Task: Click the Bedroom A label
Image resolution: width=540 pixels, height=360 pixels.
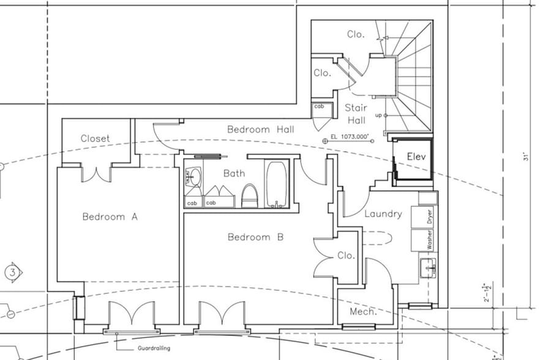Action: click(110, 217)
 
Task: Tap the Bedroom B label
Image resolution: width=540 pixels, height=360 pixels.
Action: click(255, 237)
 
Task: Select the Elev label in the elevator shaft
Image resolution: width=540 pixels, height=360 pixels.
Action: click(416, 157)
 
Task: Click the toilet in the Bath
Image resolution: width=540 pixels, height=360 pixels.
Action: click(249, 196)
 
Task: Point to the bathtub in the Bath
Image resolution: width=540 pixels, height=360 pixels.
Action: click(276, 184)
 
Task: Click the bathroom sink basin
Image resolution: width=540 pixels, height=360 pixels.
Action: click(193, 178)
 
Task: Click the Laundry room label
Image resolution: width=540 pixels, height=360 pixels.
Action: click(383, 214)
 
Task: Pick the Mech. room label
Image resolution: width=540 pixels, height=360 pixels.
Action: click(362, 312)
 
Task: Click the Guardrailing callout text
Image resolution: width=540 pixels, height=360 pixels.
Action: click(154, 348)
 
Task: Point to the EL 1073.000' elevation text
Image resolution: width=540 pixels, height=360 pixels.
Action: click(350, 137)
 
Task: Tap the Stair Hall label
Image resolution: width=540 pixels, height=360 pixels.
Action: click(356, 114)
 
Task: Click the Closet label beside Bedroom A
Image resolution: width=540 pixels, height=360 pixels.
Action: click(95, 138)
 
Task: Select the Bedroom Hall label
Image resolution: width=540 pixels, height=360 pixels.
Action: click(260, 129)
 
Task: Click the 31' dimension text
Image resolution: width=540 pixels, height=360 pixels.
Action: click(525, 157)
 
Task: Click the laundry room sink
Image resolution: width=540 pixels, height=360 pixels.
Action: click(428, 267)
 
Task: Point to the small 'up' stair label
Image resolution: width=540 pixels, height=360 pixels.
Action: click(378, 115)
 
